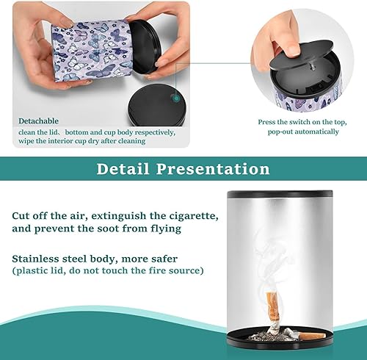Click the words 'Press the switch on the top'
pyautogui.click(x=298, y=122)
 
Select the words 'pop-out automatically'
pyautogui.click(x=298, y=132)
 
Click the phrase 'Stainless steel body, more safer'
pyautogui.click(x=93, y=258)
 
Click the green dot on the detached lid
pyautogui.click(x=175, y=96)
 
